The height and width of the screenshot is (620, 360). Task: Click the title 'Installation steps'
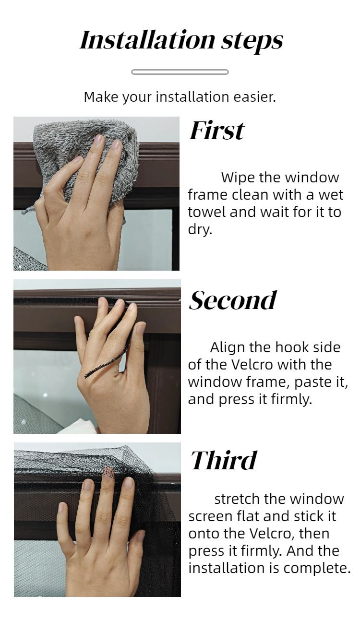point(181,41)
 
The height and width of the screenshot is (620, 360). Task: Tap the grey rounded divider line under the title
point(180,72)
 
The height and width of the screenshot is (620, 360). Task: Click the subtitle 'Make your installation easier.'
point(180,97)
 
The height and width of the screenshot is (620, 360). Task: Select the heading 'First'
point(216,131)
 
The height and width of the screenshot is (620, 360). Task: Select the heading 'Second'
point(233,300)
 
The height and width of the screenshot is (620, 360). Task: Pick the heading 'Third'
point(224,460)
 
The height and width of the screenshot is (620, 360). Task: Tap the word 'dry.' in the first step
point(200,230)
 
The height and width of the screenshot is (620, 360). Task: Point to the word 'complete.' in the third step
point(317,568)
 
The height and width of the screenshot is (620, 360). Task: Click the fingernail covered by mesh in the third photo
point(108,473)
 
